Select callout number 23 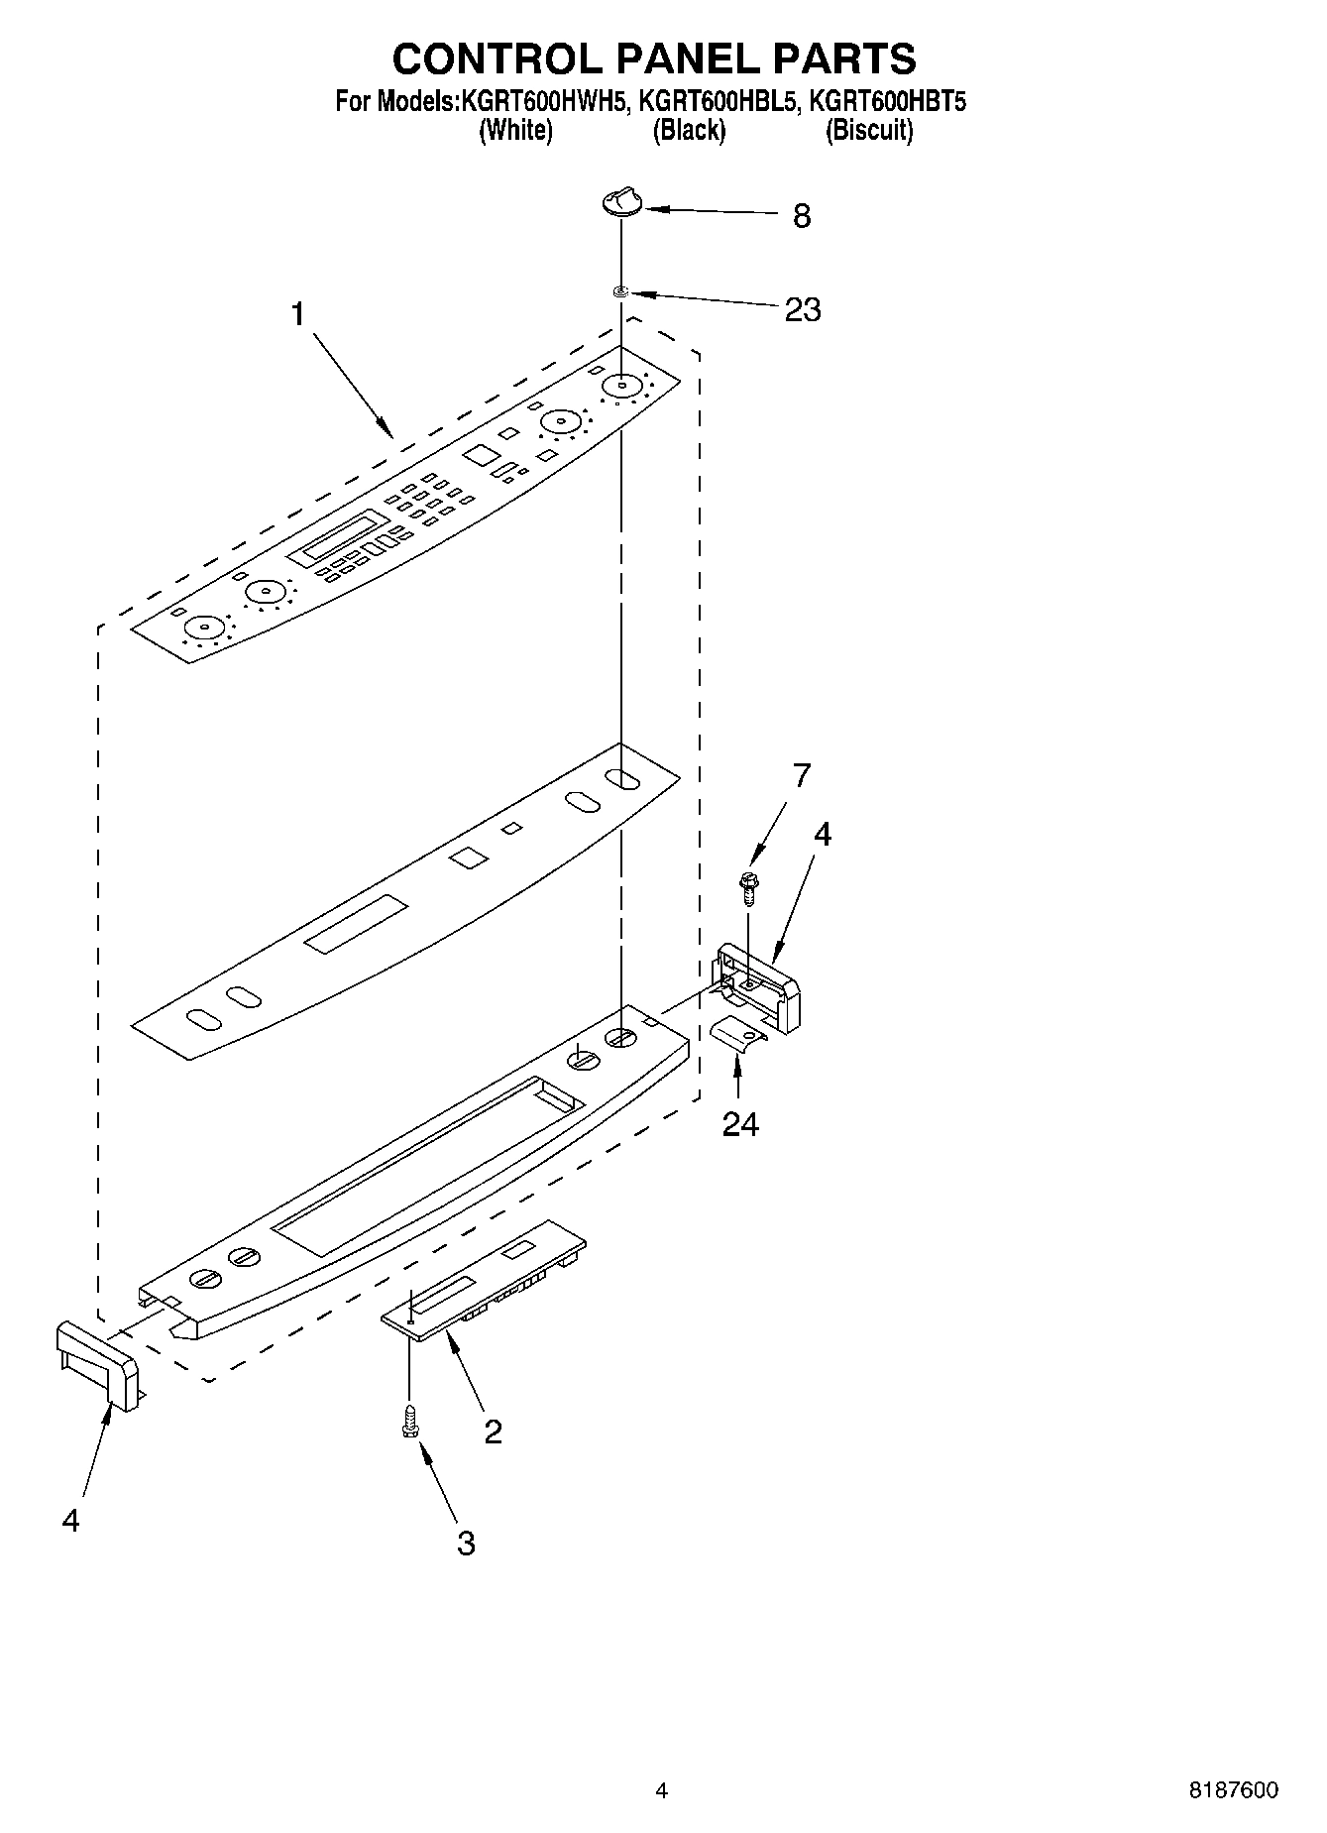pos(802,310)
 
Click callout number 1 pos(297,314)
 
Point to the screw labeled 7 pos(748,885)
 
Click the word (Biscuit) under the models pos(868,130)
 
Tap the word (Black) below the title pos(688,130)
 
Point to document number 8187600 pos(1233,1790)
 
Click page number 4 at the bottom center pos(662,1790)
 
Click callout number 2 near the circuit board pos(493,1431)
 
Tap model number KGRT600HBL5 pos(718,101)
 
